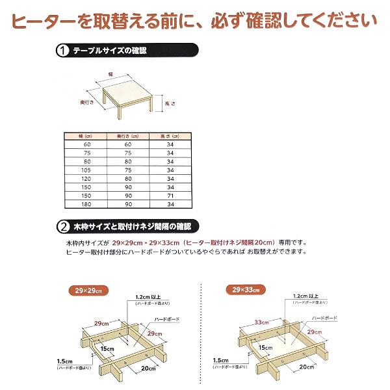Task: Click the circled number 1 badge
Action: click(x=64, y=50)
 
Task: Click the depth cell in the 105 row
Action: click(x=128, y=169)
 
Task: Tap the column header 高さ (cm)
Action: click(x=170, y=136)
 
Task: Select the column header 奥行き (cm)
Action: click(x=128, y=136)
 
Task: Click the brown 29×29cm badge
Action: click(x=88, y=291)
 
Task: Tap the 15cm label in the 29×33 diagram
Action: click(x=265, y=348)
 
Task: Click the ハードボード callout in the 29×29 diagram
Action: click(x=166, y=320)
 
